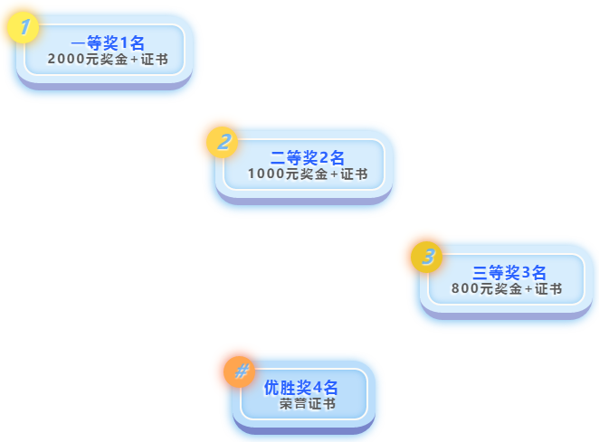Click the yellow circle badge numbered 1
tap(24, 29)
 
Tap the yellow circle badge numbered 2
tap(223, 142)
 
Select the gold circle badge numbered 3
tap(427, 257)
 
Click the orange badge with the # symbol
tap(241, 371)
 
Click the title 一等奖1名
tap(108, 42)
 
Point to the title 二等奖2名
tap(308, 157)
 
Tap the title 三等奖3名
tap(510, 272)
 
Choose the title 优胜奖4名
tap(300, 387)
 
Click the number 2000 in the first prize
tap(65, 59)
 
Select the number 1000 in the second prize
tap(265, 174)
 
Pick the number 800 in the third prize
tap(464, 289)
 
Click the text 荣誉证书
tap(307, 403)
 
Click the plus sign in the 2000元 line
tap(135, 59)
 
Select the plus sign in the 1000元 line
tap(334, 174)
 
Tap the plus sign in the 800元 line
tap(528, 289)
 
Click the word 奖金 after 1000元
tap(313, 174)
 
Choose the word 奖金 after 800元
tap(508, 289)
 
